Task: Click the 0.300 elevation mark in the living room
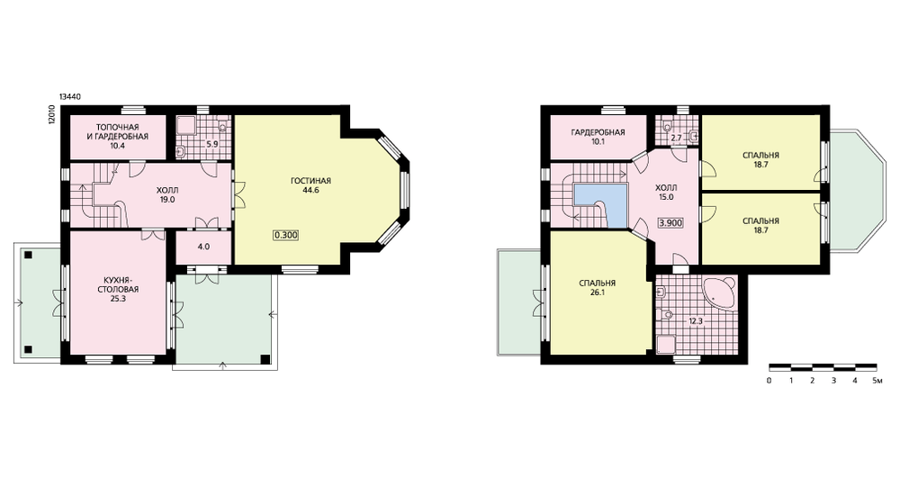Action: tap(286, 235)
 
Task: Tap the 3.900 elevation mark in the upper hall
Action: tap(671, 222)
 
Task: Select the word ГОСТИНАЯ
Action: tap(311, 181)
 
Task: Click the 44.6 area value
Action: tap(311, 190)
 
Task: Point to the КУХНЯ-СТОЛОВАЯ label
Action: tap(118, 285)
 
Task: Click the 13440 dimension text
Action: tap(70, 97)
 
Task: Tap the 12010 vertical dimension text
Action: tap(51, 115)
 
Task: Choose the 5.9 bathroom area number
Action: tap(212, 144)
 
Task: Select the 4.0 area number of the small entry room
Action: tap(203, 247)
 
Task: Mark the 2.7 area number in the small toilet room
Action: tap(676, 138)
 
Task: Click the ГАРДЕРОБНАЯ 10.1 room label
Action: tap(598, 137)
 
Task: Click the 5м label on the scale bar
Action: tap(876, 381)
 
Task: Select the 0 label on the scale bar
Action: tap(769, 381)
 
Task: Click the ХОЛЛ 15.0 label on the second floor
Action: tap(666, 193)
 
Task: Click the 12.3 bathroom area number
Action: tap(696, 321)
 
